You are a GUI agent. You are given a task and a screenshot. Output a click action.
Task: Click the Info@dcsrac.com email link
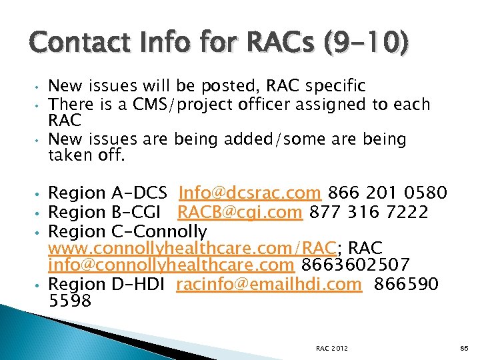pos(251,193)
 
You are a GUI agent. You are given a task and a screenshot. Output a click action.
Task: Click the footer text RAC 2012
pos(332,348)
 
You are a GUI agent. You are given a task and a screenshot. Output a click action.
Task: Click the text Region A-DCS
pos(108,193)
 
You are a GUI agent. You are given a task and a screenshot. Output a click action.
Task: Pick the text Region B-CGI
pos(107,212)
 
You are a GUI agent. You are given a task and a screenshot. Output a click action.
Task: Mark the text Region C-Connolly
pos(128,231)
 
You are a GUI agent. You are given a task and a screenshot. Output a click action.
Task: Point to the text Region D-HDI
pos(107,285)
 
